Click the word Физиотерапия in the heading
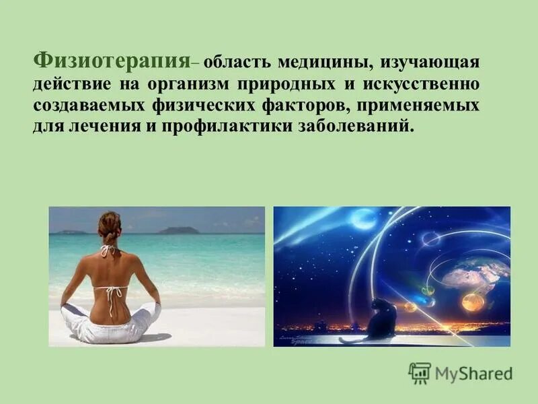(110, 63)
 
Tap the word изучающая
(430, 63)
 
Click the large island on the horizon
(178, 230)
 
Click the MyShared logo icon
(420, 373)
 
